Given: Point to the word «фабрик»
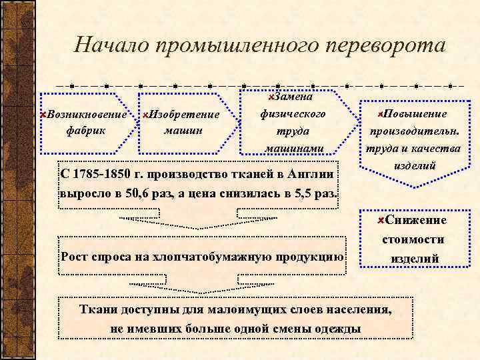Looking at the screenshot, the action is point(86,129).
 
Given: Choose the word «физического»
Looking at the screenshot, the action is point(293,114).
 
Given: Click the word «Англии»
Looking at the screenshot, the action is point(313,175).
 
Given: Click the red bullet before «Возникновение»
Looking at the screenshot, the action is point(43,115).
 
